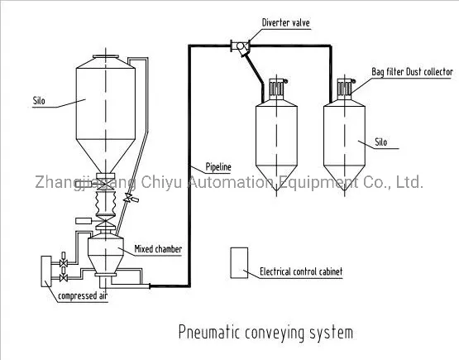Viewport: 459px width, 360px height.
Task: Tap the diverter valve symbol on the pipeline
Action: click(240, 46)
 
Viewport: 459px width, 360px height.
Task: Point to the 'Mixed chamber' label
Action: click(158, 247)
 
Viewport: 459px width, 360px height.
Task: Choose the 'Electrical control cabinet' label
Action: click(301, 271)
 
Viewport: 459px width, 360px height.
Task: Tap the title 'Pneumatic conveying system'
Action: click(265, 333)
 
